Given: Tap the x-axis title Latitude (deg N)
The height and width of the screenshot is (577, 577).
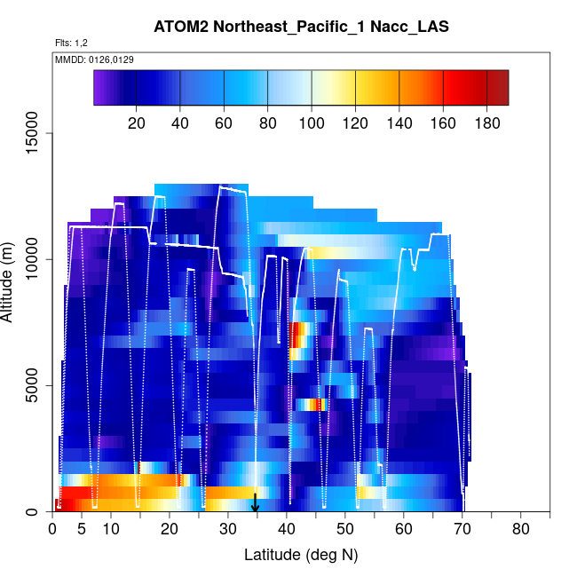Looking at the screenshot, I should point(300,556).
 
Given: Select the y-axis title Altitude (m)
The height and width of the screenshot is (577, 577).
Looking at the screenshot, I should point(12,281).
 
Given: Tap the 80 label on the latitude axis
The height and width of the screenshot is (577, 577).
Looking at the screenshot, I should point(520,530).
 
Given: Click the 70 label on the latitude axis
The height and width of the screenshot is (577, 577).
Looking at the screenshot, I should point(462,530).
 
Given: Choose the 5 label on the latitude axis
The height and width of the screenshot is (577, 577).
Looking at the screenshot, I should point(82,530).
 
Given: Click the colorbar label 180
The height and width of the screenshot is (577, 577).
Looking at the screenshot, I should point(486,123).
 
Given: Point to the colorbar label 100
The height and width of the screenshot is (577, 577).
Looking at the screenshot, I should point(312,123).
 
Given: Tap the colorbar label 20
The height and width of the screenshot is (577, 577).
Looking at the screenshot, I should point(137,123).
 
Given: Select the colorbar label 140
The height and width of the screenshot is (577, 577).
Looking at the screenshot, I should point(399,123).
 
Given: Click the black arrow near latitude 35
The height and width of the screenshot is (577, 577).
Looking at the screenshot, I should point(256,503).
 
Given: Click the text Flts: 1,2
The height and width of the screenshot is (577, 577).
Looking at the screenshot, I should point(71,43).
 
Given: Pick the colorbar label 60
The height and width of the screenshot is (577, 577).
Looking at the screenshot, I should point(224,123).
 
